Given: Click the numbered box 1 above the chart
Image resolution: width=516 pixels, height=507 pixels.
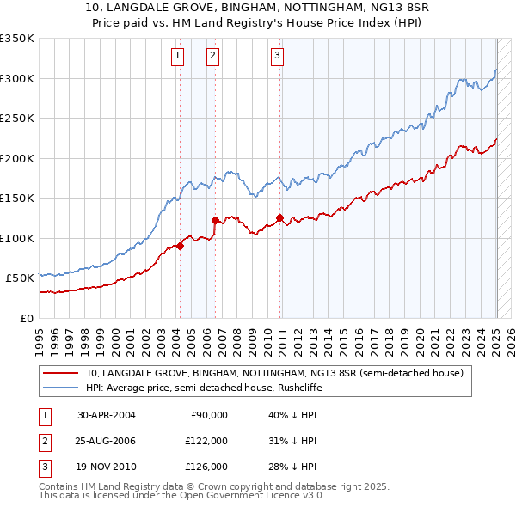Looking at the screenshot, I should (177, 57).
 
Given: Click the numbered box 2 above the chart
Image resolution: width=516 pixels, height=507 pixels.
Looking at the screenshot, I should (212, 57).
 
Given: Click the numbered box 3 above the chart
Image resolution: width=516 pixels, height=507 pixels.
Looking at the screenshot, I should (278, 57).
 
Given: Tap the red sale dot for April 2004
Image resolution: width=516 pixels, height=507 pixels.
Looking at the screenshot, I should (180, 246).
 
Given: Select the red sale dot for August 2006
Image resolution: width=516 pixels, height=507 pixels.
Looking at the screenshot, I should (215, 220).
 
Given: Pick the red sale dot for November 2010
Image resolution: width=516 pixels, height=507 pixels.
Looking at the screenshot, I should (280, 217).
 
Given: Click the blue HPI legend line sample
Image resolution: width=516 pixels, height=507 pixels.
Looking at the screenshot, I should (61, 388).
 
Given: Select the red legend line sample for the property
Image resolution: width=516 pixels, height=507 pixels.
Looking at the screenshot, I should (61, 373).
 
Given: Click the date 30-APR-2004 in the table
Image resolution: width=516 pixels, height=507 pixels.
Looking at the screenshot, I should (107, 415).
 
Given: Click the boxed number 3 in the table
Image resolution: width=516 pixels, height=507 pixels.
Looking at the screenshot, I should (43, 467).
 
